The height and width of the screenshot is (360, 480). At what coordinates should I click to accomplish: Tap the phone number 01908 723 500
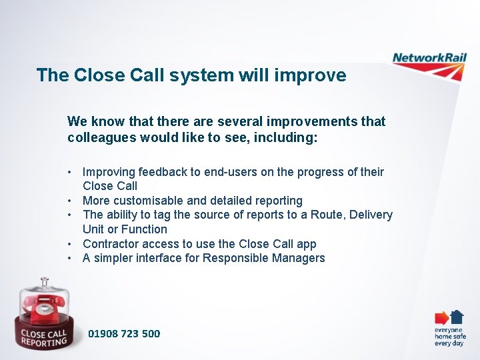tap(124, 333)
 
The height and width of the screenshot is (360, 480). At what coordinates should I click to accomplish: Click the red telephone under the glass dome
tap(45, 309)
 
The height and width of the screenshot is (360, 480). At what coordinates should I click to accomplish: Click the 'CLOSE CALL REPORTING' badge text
tap(44, 338)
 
